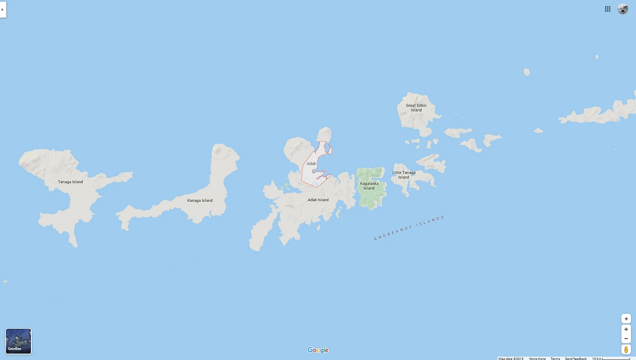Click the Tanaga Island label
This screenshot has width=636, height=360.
click(x=71, y=182)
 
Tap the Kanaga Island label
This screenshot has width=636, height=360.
click(x=200, y=201)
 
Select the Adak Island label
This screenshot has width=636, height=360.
click(x=318, y=200)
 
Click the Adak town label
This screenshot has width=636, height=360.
click(x=312, y=163)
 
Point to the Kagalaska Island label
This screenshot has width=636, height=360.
click(x=369, y=186)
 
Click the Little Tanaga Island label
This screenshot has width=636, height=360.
click(x=403, y=175)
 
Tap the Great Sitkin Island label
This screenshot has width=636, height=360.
click(x=416, y=107)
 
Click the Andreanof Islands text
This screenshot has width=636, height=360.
click(x=409, y=228)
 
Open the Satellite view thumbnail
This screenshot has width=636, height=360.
click(x=18, y=341)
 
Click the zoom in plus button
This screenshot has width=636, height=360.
click(x=626, y=329)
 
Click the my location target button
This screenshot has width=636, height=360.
click(x=626, y=319)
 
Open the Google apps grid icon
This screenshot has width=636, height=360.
click(x=608, y=9)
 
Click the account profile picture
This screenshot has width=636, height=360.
click(x=623, y=9)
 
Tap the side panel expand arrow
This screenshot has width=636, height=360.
click(x=2, y=9)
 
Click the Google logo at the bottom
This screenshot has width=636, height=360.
click(x=318, y=350)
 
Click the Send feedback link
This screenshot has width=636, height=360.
click(x=575, y=359)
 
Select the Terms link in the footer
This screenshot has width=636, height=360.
click(x=555, y=359)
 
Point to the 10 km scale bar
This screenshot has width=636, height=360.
click(x=611, y=359)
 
